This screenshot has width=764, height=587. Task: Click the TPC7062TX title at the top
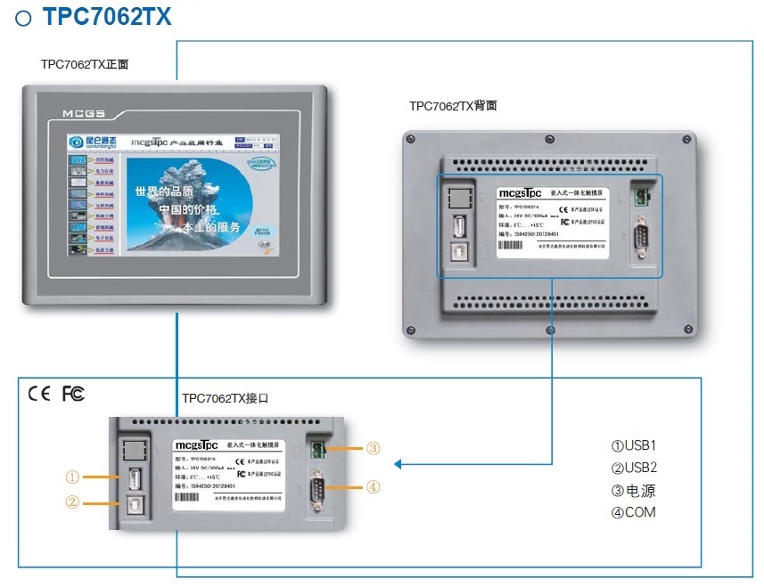click(x=106, y=16)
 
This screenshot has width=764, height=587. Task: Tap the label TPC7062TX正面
click(x=86, y=65)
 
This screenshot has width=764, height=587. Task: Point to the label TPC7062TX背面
click(x=453, y=106)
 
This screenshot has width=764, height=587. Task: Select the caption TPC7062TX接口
click(x=226, y=398)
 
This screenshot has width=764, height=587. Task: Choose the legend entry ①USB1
click(x=633, y=445)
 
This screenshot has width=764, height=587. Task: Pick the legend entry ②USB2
click(x=633, y=468)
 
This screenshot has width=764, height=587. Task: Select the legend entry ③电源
click(x=633, y=491)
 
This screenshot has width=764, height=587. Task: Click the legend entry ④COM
click(x=633, y=512)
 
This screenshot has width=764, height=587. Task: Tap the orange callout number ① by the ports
click(x=73, y=477)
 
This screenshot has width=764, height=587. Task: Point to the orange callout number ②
click(x=73, y=502)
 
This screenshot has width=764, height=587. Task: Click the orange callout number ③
click(x=374, y=448)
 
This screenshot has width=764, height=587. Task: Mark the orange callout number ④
click(x=374, y=487)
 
